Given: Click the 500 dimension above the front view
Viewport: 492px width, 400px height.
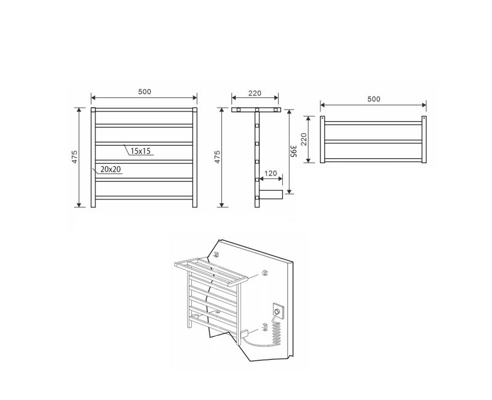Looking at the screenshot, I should tap(144, 92).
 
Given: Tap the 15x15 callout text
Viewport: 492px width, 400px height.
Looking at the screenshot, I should tap(141, 150).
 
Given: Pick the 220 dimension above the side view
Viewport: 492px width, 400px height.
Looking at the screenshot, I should tap(255, 94).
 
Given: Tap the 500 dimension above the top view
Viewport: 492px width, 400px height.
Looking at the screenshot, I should tap(373, 99).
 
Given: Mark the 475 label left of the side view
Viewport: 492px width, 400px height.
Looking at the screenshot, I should tap(217, 158).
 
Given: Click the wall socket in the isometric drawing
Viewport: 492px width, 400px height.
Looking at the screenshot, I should tap(277, 311).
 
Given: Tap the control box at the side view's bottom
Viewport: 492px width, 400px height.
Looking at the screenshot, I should tap(270, 195).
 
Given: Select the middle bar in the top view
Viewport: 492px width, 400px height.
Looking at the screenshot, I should tap(373, 142).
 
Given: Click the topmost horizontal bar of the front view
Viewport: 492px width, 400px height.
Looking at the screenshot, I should tap(144, 111).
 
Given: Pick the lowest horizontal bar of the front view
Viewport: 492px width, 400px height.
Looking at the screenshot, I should tap(144, 198).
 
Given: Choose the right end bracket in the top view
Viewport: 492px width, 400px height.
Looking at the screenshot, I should tap(424, 140).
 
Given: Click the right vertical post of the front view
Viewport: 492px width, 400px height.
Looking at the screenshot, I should tap(194, 158).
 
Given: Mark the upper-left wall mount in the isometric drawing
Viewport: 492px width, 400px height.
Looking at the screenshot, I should tap(216, 254).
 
